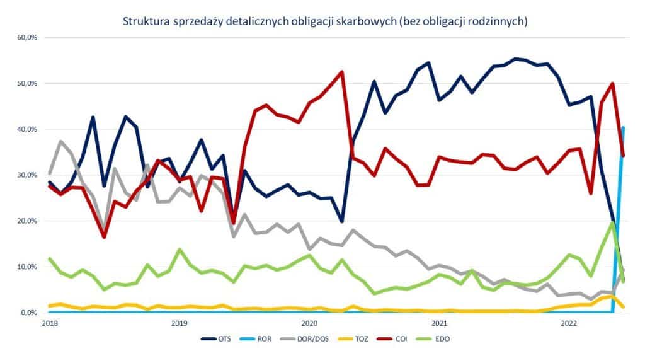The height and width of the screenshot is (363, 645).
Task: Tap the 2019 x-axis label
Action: point(179,323)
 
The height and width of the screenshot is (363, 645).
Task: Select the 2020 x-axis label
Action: point(309,323)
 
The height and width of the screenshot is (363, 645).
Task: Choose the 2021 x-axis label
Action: point(439,323)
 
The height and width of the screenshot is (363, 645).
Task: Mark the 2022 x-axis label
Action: point(569,323)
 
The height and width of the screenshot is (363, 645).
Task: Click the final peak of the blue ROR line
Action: point(623,128)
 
